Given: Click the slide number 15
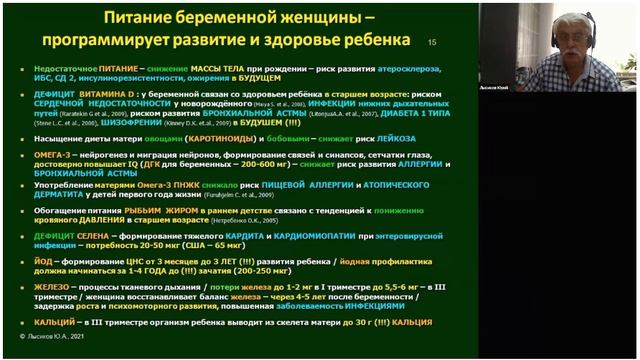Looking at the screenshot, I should (x=433, y=43).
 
